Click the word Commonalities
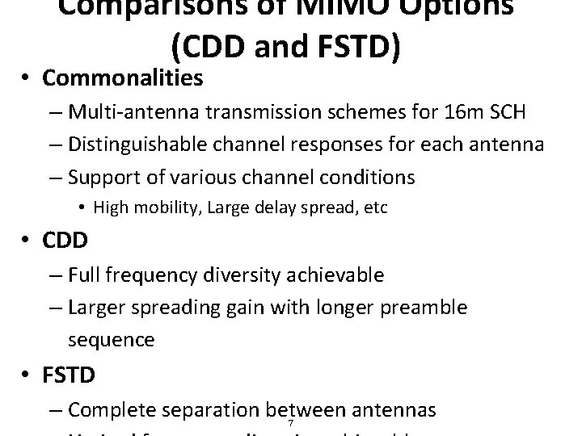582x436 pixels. coord(123,78)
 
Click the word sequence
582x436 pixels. coord(111,339)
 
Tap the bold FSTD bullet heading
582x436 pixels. coord(69,375)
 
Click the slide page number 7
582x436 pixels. coord(289,424)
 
